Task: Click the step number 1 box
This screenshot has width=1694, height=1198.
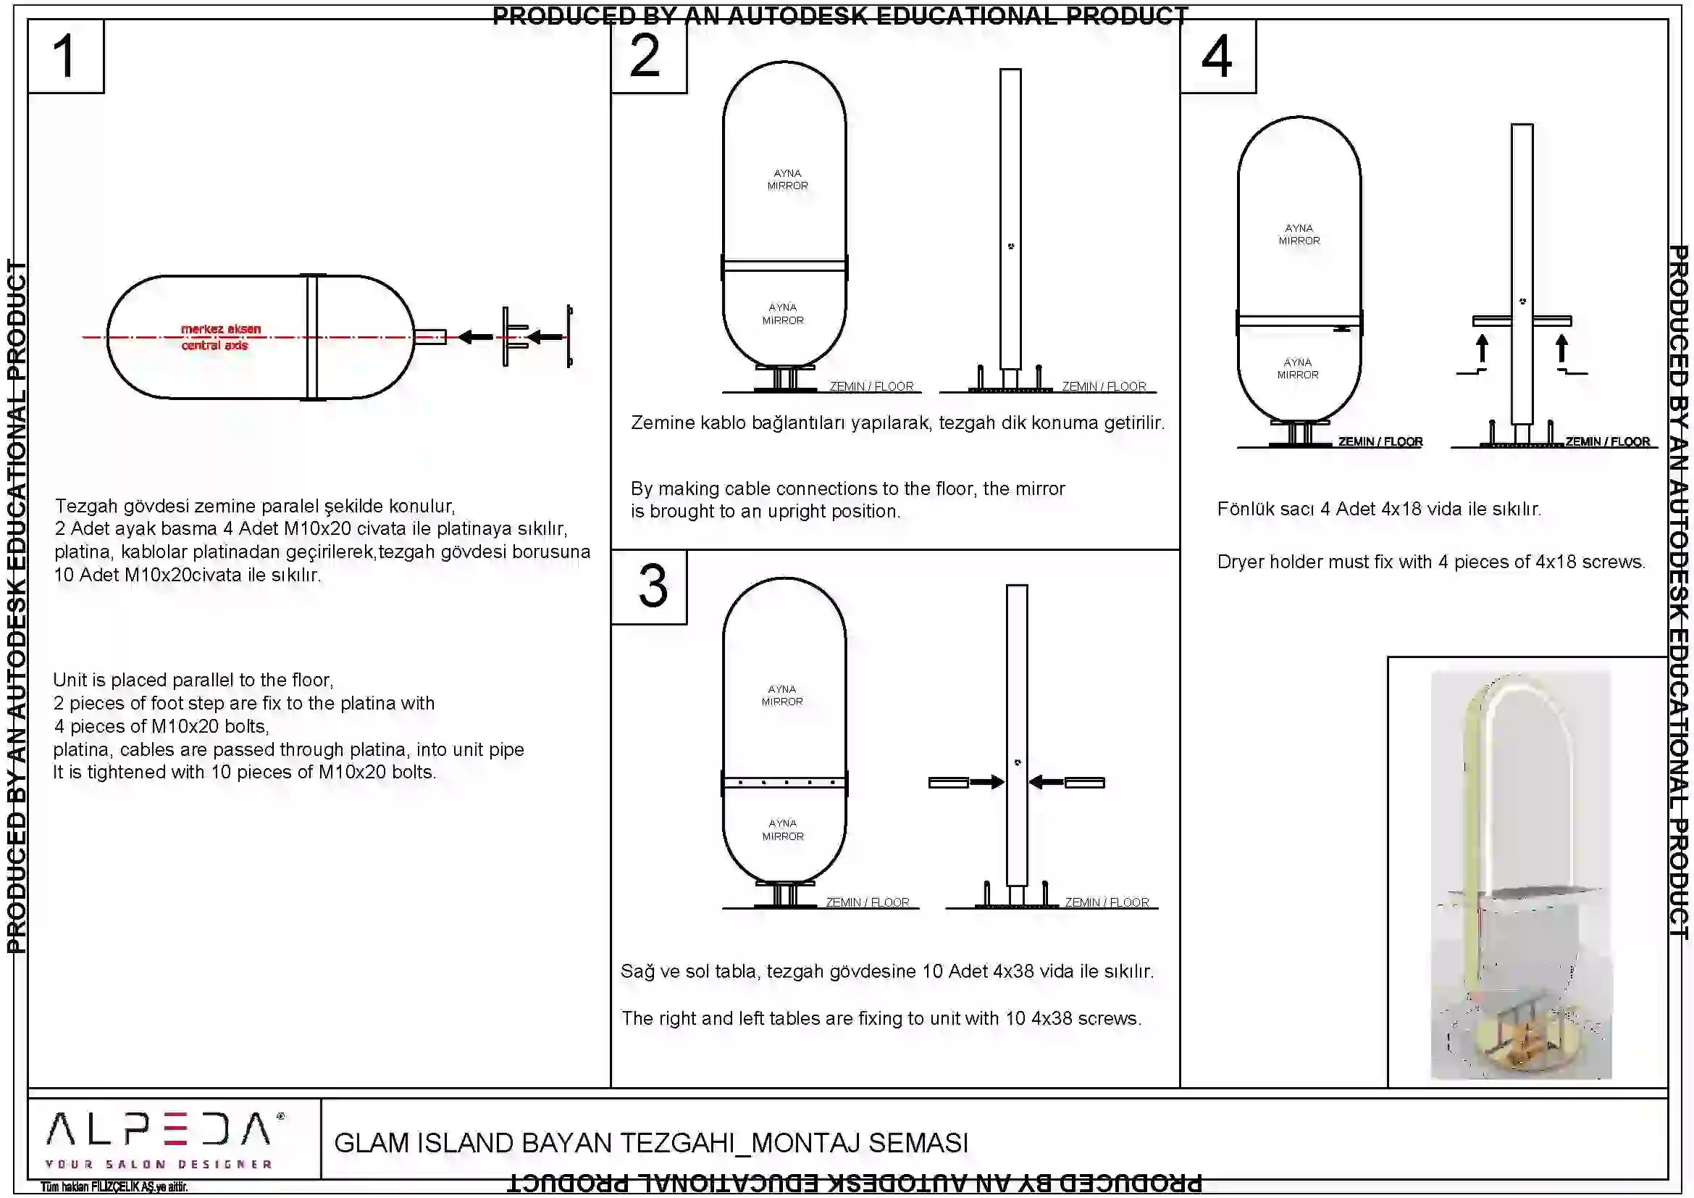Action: pyautogui.click(x=65, y=57)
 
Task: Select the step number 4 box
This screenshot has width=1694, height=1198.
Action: pyautogui.click(x=1217, y=57)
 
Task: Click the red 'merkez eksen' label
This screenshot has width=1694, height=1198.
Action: pyautogui.click(x=221, y=328)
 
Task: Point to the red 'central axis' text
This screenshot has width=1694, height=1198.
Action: pyautogui.click(x=214, y=346)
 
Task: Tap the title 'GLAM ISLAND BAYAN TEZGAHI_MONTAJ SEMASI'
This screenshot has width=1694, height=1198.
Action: pyautogui.click(x=651, y=1143)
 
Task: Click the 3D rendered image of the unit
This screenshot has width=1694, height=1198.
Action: pyautogui.click(x=1521, y=875)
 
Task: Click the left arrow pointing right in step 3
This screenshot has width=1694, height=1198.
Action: pyautogui.click(x=986, y=783)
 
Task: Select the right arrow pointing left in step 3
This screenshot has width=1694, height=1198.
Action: pyautogui.click(x=1047, y=783)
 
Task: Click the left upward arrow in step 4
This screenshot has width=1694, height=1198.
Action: pyautogui.click(x=1483, y=349)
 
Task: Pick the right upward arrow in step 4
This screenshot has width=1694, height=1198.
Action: pyautogui.click(x=1561, y=349)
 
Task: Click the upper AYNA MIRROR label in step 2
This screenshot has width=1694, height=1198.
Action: pyautogui.click(x=787, y=179)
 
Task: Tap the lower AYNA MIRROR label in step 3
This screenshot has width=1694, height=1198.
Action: pyautogui.click(x=782, y=830)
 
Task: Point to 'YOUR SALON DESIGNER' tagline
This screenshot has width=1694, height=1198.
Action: pyautogui.click(x=159, y=1165)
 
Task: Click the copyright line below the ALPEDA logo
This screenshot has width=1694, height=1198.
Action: pyautogui.click(x=114, y=1187)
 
